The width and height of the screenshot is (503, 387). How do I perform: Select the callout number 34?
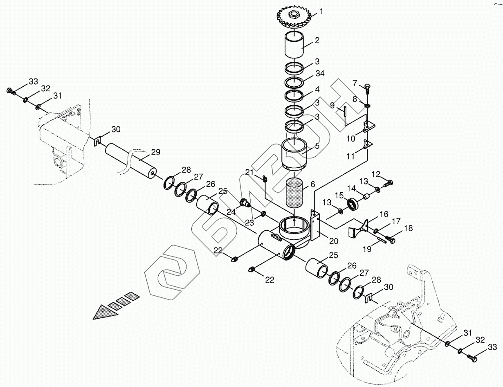tap(320, 74)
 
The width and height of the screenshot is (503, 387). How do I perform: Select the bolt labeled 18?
tap(391, 241)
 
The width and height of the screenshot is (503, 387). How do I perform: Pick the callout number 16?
tap(384, 214)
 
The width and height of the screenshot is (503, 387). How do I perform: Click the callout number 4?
tap(317, 89)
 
